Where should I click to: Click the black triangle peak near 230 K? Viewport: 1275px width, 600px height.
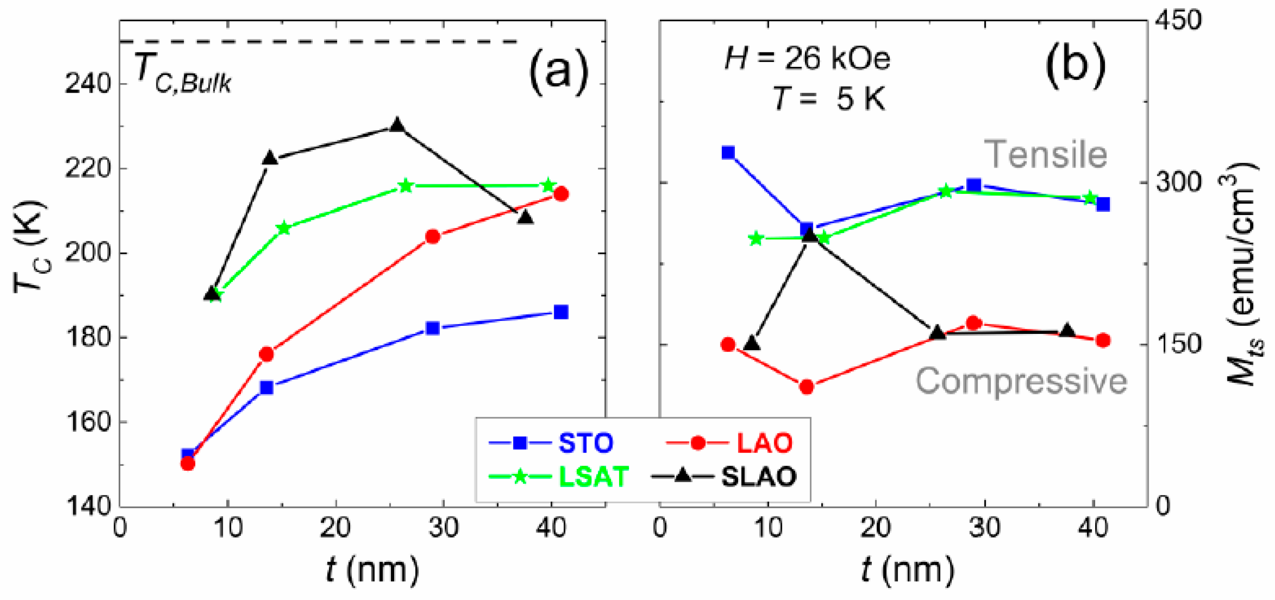tap(397, 125)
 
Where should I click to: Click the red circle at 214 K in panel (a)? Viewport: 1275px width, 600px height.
tap(561, 194)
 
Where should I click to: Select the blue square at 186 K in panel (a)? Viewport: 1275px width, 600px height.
tap(561, 312)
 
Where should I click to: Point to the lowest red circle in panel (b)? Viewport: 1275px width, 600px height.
tap(806, 387)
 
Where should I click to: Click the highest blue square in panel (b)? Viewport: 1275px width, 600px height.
tap(728, 152)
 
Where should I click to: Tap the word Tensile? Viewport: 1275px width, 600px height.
tap(1045, 155)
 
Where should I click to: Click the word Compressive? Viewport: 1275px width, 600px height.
tap(1021, 381)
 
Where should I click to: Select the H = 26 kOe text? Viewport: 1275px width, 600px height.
tap(807, 59)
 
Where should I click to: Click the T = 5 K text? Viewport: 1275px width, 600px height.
tap(828, 98)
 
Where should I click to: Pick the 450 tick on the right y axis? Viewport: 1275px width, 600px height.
tap(1178, 21)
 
